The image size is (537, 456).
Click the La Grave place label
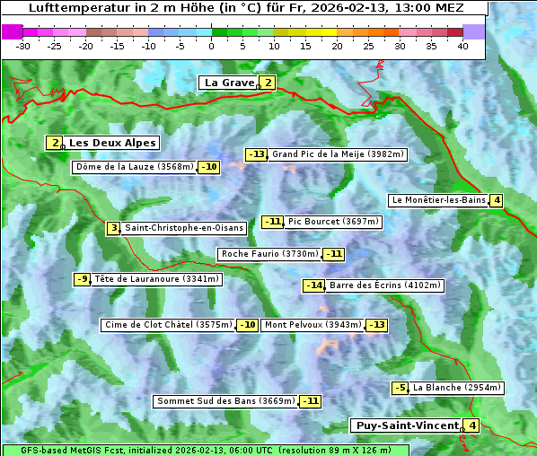[229, 83]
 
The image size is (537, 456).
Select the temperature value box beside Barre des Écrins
[313, 285]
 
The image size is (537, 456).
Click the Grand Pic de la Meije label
[339, 154]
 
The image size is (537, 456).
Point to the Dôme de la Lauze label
[135, 167]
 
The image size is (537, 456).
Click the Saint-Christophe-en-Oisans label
[183, 228]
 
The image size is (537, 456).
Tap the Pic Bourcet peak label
[334, 222]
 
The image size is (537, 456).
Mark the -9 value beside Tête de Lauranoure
[83, 279]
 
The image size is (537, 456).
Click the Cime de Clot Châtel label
[169, 325]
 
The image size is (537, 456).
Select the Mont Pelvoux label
[313, 325]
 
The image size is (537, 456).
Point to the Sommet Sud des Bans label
[225, 401]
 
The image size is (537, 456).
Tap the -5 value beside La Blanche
[400, 388]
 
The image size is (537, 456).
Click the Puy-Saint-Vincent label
[407, 425]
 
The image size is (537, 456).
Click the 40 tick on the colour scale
[462, 46]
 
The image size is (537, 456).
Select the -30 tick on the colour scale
[23, 46]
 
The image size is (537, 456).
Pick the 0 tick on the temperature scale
[211, 46]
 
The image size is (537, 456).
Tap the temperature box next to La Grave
[268, 83]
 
